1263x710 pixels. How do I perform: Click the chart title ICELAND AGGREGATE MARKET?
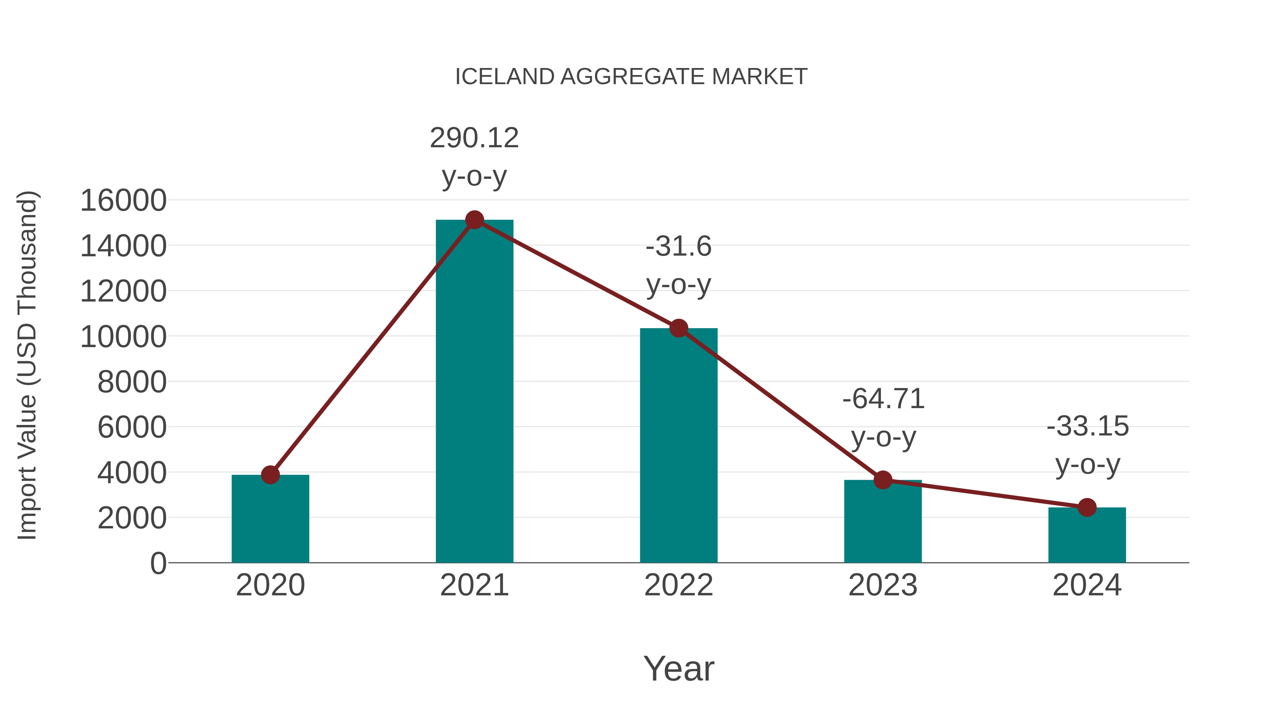pos(631,77)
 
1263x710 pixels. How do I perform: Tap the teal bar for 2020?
pos(270,519)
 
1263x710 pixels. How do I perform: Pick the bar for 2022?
pos(679,446)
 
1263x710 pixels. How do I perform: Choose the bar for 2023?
pos(883,522)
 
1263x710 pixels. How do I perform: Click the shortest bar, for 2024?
pos(1087,535)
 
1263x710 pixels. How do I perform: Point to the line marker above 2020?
pos(270,474)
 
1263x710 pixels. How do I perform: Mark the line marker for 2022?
pos(679,328)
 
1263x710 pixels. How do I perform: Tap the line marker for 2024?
pos(1087,508)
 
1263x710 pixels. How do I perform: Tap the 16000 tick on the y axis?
pos(123,201)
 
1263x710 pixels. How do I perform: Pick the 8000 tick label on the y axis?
pos(132,382)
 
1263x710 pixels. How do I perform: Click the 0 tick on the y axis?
pos(158,563)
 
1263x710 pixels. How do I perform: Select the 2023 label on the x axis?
pos(883,585)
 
